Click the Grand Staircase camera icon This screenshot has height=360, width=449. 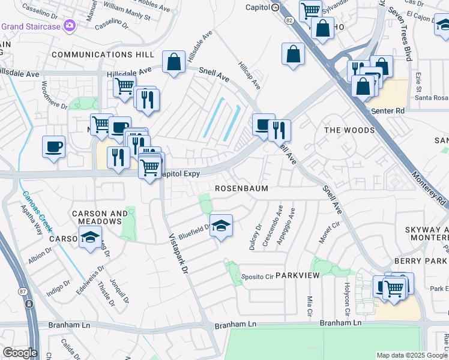coord(70,26)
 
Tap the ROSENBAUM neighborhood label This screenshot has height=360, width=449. coord(242,188)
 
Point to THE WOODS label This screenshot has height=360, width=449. coord(349,130)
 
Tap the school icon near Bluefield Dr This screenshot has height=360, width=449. coord(221,226)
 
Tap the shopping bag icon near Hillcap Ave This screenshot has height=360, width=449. coord(292,53)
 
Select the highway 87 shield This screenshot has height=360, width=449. coord(29,304)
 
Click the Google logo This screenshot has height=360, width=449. coord(20,353)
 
